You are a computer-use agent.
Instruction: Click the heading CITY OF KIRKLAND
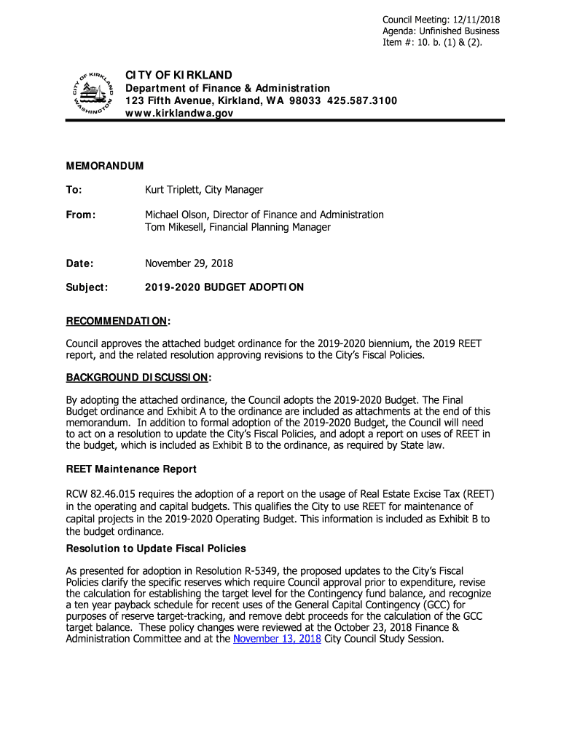(178, 75)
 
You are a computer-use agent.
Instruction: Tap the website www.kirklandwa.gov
(180, 113)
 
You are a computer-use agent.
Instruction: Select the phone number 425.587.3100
(362, 100)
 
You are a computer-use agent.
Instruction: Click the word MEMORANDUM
(105, 167)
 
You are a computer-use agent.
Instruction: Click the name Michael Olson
(176, 215)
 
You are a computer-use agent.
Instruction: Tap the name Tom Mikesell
(175, 227)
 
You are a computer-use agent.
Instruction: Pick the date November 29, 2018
(189, 263)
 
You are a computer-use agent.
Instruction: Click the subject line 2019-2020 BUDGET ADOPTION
(224, 287)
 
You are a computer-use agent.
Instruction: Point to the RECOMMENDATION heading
(118, 321)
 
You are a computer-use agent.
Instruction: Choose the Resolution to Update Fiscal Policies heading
(156, 548)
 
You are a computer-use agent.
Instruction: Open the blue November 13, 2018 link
(277, 640)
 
